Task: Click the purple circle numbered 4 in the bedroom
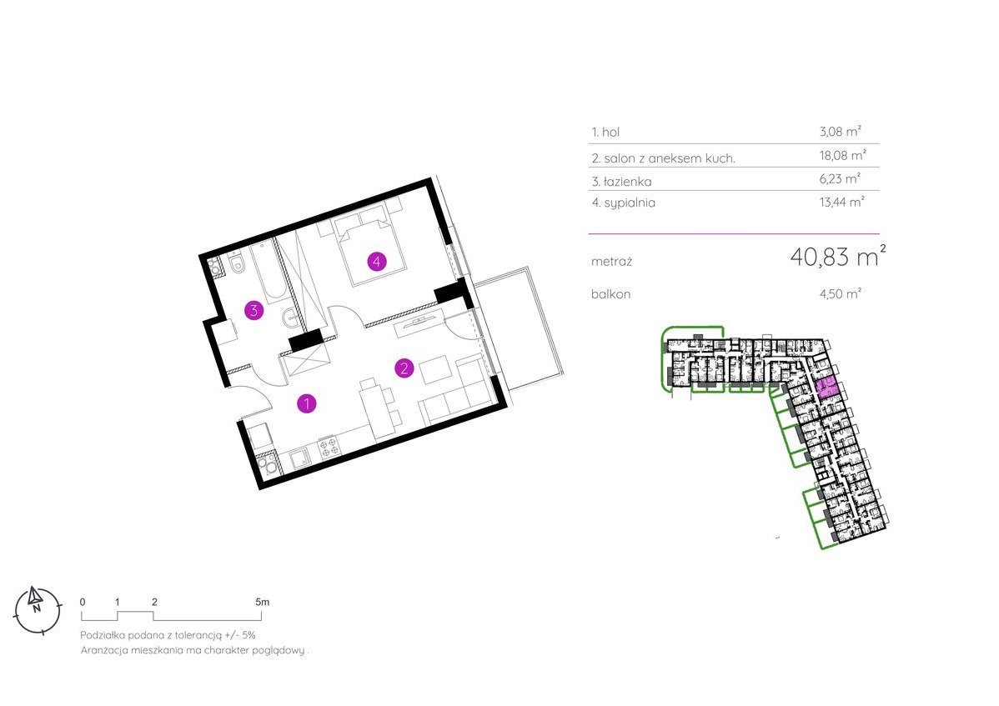[377, 262]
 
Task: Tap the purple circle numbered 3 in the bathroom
[254, 311]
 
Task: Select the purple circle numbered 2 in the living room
[404, 368]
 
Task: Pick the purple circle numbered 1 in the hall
[308, 404]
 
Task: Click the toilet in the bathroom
[237, 264]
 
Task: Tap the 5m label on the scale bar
[262, 601]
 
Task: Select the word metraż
[611, 261]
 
